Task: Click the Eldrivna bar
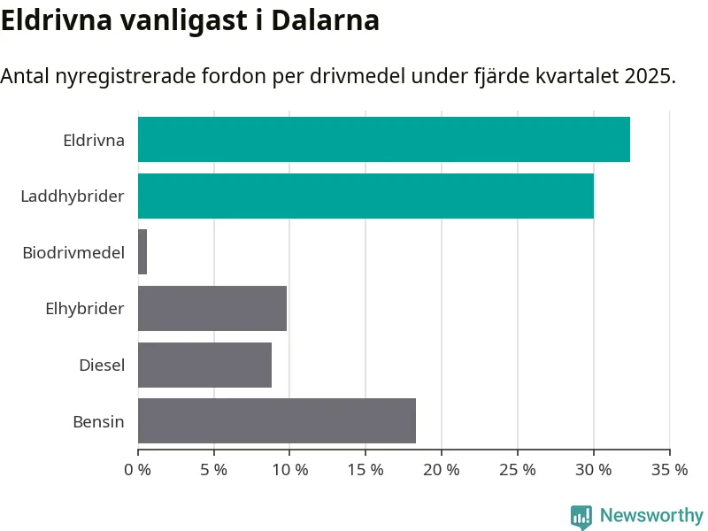[x=383, y=140]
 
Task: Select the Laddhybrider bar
[x=366, y=196]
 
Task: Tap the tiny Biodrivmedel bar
[x=142, y=252]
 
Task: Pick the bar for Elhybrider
[x=212, y=308]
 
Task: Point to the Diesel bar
[x=204, y=365]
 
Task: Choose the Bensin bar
[x=277, y=420]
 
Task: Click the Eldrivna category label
[x=93, y=140]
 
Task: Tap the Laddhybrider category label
[x=73, y=196]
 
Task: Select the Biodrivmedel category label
[x=73, y=252]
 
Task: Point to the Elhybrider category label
[x=85, y=308]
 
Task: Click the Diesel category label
[x=102, y=365]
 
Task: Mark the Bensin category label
[x=98, y=421]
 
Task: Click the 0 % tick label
[x=139, y=469]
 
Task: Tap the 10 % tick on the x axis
[x=289, y=469]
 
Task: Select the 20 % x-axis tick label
[x=442, y=469]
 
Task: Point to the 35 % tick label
[x=669, y=469]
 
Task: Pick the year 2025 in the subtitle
[x=649, y=76]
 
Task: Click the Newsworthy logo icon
[x=581, y=516]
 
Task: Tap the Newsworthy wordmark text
[x=651, y=515]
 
